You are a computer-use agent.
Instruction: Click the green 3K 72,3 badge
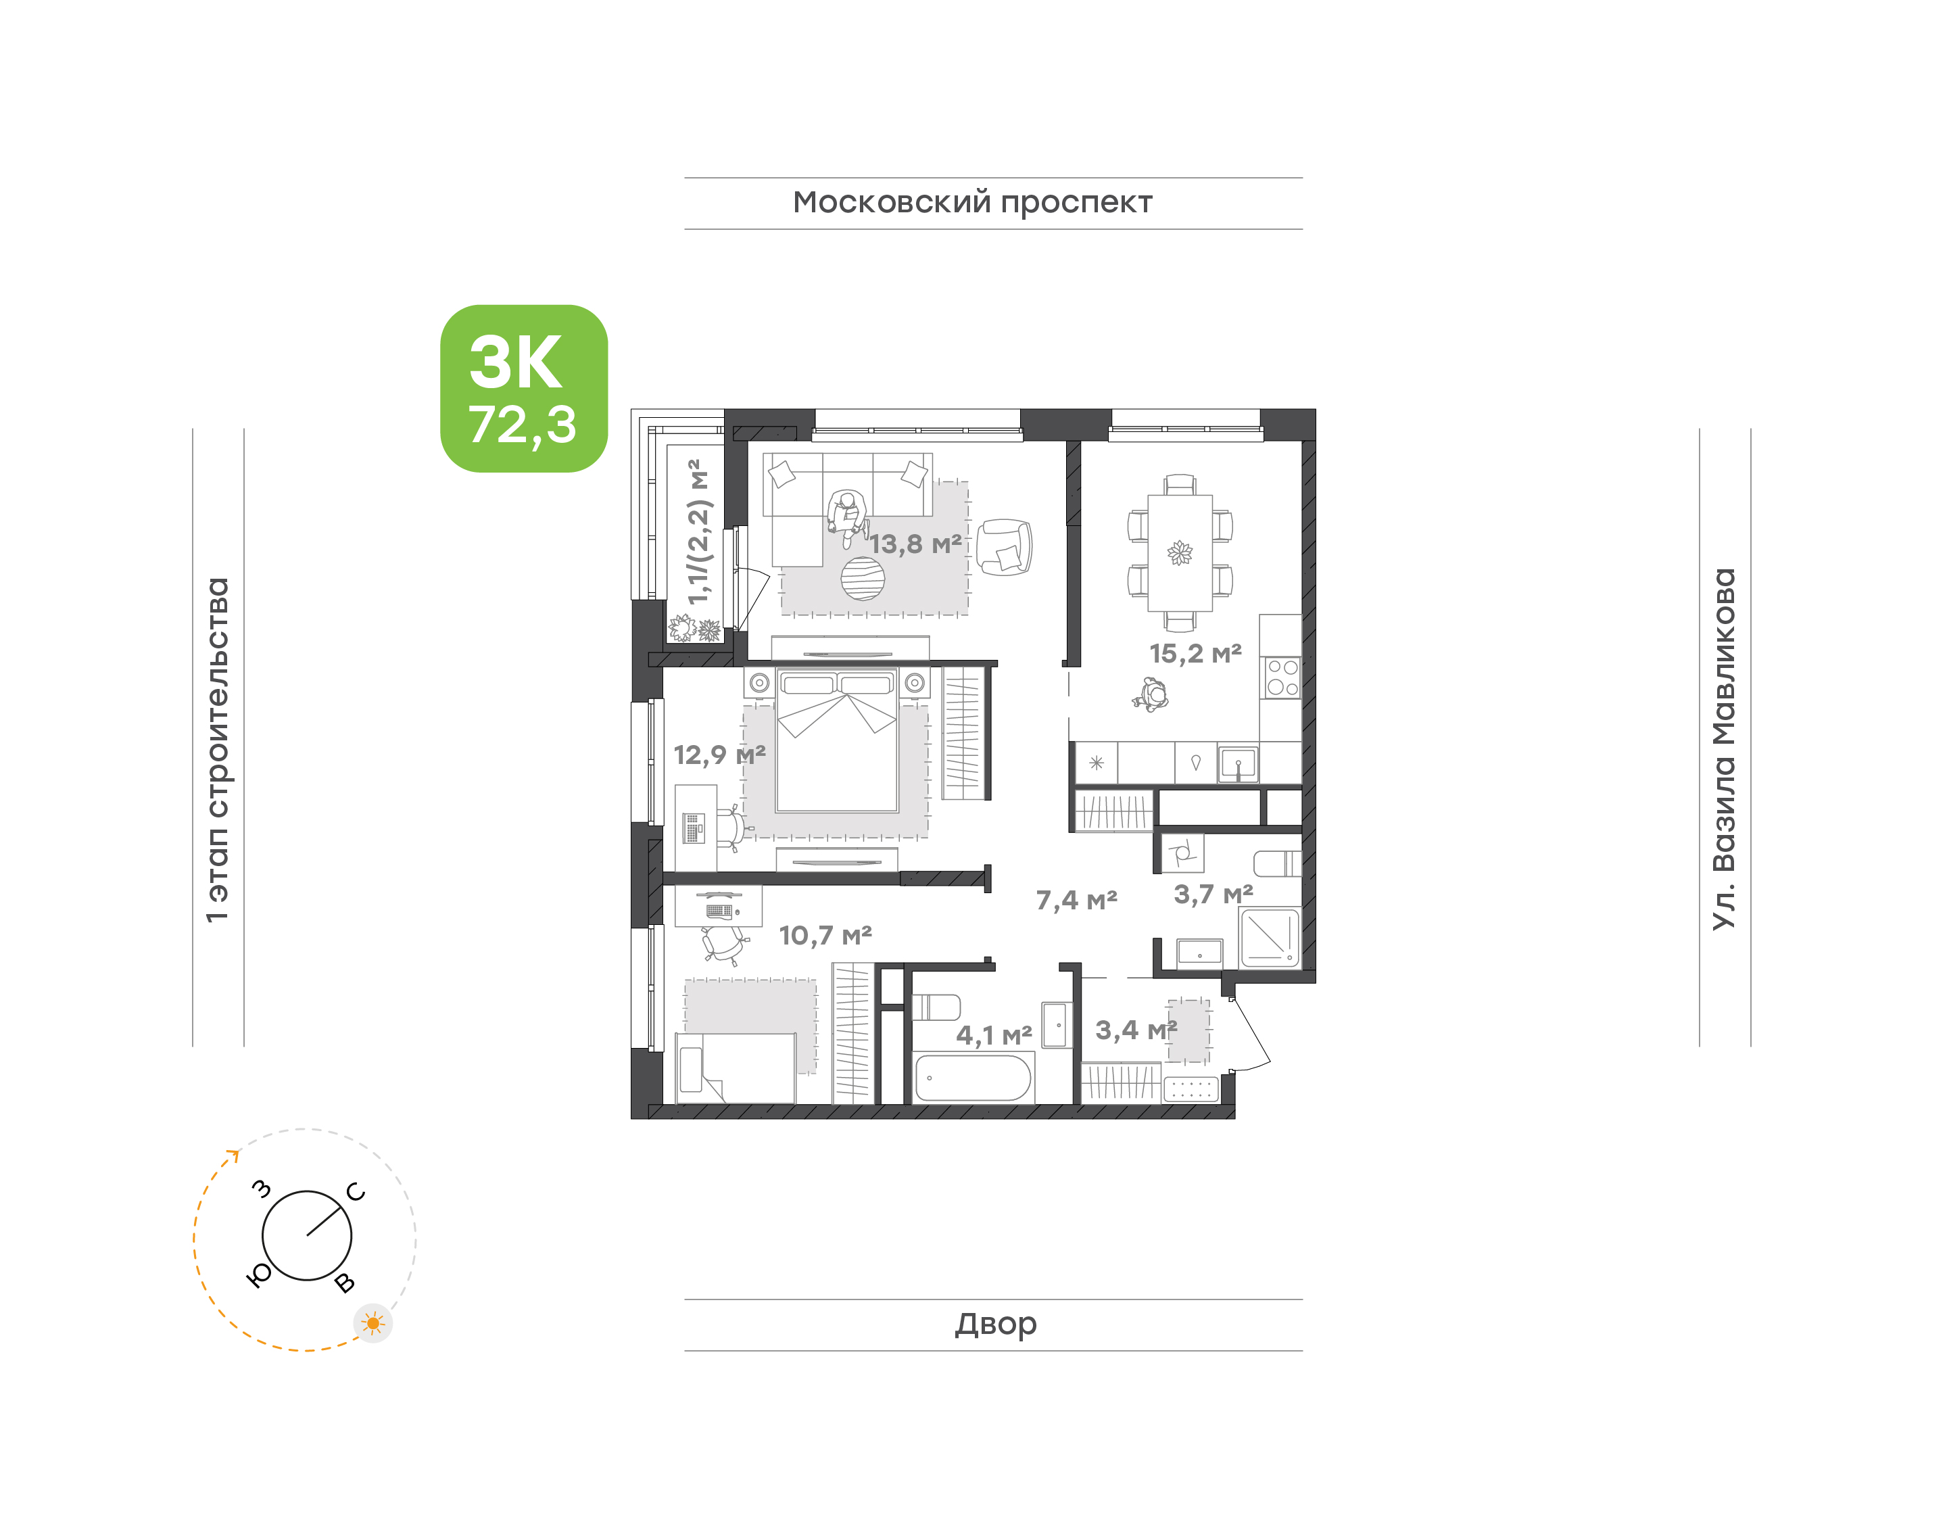click(523, 388)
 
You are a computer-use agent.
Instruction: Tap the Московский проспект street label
click(972, 203)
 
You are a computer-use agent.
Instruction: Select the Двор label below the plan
click(995, 1324)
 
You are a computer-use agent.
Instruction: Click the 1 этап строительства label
click(217, 750)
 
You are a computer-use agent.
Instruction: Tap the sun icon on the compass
click(373, 1323)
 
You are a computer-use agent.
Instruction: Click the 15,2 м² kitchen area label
click(1196, 654)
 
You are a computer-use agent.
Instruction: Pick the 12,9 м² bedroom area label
click(720, 755)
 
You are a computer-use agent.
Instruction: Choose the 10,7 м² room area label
click(825, 936)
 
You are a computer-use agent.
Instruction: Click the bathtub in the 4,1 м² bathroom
click(973, 1077)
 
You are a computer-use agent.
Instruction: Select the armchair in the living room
click(1005, 546)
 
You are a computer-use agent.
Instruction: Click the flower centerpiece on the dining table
click(1180, 553)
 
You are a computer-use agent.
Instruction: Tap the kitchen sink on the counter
click(1238, 765)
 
